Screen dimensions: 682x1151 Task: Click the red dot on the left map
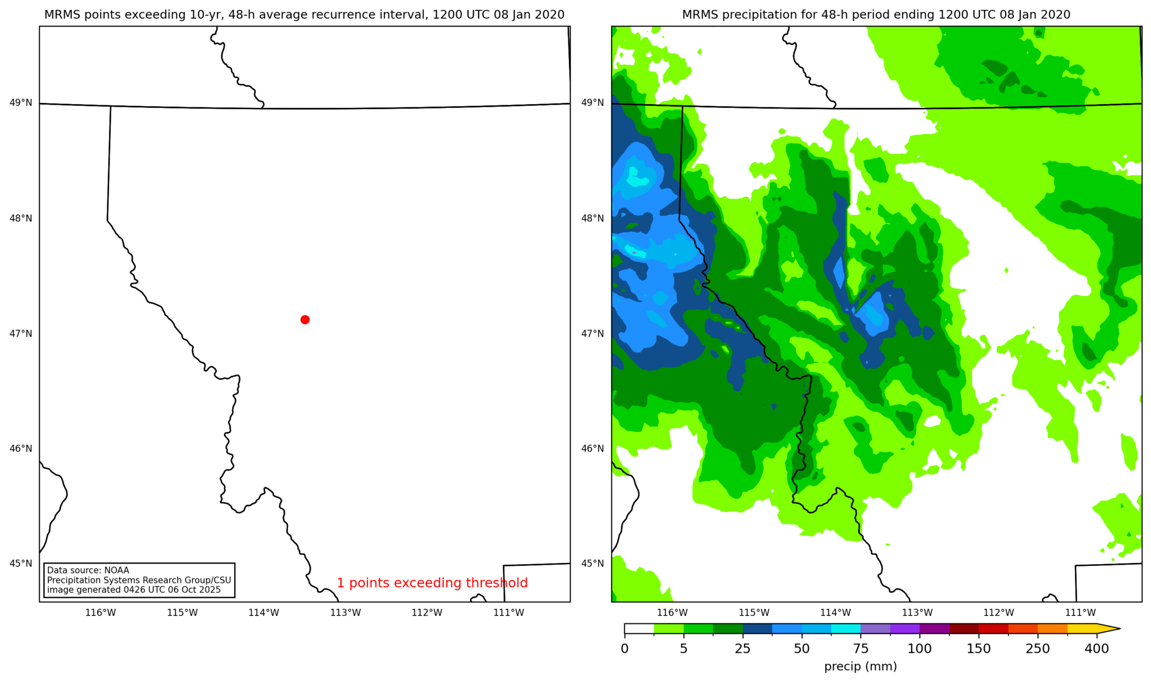(x=305, y=320)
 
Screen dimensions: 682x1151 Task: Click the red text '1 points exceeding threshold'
(x=432, y=583)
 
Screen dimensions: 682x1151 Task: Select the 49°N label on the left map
(x=21, y=102)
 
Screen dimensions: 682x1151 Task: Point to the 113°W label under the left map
(x=345, y=613)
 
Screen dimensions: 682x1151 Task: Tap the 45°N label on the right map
(x=593, y=563)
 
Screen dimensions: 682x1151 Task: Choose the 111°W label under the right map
(x=1080, y=613)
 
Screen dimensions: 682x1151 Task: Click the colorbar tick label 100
(x=919, y=649)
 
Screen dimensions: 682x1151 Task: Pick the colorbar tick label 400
(x=1096, y=649)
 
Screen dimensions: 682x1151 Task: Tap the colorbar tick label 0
(x=625, y=649)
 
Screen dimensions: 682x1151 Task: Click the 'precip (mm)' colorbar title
(x=860, y=667)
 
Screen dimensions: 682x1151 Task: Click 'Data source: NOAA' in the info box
(x=88, y=570)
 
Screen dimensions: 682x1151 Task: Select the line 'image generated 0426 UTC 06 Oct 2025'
(x=134, y=590)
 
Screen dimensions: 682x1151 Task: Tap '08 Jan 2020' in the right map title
(x=1035, y=15)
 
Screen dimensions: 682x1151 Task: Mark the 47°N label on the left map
(x=21, y=333)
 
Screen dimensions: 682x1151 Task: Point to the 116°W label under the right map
(x=672, y=613)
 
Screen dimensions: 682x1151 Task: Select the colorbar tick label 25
(x=742, y=649)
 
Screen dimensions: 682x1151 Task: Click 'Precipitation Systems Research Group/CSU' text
(x=139, y=580)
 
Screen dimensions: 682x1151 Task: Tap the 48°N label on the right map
(x=593, y=218)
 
